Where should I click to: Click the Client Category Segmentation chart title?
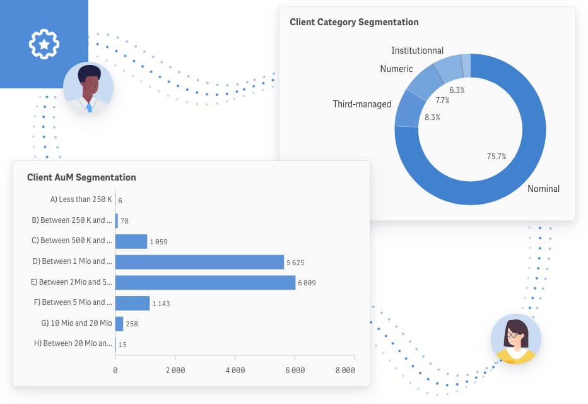coord(354,22)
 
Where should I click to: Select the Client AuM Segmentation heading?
coord(81,177)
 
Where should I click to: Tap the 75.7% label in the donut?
coord(497,157)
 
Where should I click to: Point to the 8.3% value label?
coord(432,117)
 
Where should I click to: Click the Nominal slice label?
coord(543,188)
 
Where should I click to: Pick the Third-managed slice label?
coord(362,104)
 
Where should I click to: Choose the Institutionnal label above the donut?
coord(417,50)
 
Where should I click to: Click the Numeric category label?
coord(396,69)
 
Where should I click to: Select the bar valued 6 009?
coord(205,282)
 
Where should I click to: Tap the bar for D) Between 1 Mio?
coord(199,262)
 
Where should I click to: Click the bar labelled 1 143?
coord(132,303)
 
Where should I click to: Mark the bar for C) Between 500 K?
coord(131,241)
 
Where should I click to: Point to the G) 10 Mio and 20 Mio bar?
coord(119,323)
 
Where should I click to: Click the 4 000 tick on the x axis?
coord(235,371)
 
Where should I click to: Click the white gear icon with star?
coord(44,44)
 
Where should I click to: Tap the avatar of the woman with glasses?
coord(516,339)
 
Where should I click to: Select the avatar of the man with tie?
coord(88,88)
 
